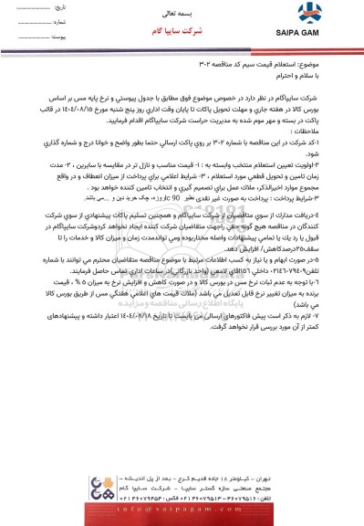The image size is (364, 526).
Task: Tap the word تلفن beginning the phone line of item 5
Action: (338, 247)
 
